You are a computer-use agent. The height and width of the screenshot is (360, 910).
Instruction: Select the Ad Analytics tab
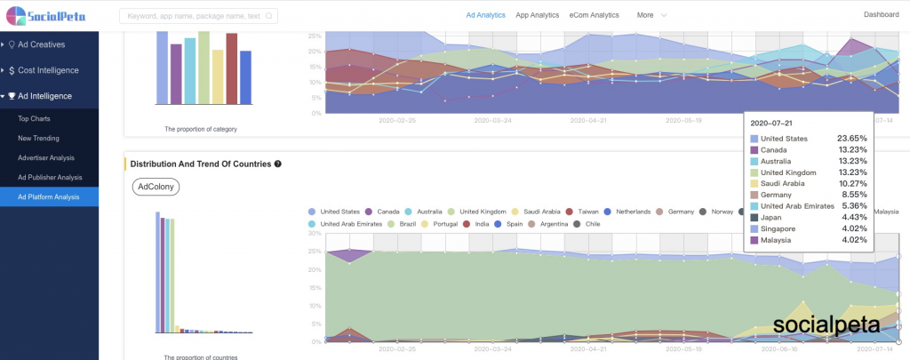485,15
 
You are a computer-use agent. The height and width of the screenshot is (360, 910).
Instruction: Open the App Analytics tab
537,15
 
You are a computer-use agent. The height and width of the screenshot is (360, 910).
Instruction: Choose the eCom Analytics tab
594,15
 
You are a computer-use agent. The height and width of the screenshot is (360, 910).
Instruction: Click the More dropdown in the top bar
651,15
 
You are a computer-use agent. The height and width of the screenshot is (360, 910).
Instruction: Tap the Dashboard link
881,15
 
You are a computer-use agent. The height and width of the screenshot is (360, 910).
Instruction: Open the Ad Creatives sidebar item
42,44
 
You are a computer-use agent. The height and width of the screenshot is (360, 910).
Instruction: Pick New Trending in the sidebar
39,138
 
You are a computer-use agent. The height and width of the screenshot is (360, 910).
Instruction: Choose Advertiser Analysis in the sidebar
46,157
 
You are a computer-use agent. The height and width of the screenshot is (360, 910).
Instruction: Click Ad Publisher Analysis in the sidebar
50,177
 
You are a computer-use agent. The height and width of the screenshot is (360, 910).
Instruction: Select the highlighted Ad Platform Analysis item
49,196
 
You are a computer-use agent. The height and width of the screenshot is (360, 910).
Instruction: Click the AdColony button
156,187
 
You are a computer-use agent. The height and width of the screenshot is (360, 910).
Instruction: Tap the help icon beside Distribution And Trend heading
278,164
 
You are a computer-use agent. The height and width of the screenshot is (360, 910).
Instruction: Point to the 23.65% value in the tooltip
851,139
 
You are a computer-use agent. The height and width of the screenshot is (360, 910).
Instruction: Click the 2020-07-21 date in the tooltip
770,123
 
